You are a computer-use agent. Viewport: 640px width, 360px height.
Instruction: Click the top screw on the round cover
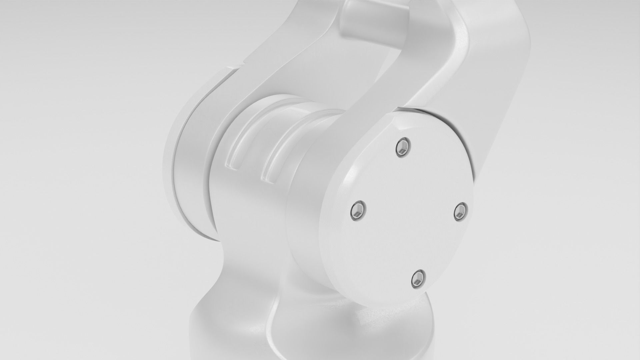403,147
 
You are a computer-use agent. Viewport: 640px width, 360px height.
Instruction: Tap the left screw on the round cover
358,210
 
